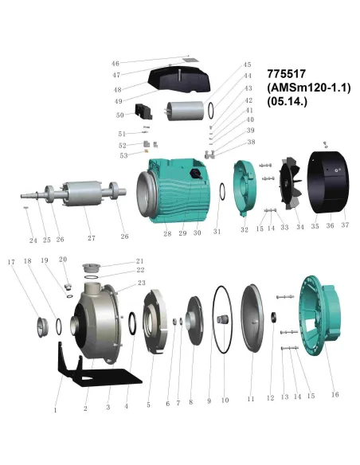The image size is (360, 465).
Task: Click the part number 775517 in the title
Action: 286,73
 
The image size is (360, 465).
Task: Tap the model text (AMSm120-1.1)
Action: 309,88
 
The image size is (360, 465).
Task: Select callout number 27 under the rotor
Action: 92,238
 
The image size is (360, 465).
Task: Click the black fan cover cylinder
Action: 328,182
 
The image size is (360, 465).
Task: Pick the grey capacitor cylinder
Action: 185,111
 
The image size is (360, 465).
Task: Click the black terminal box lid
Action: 179,79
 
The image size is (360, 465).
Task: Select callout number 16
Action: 335,394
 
